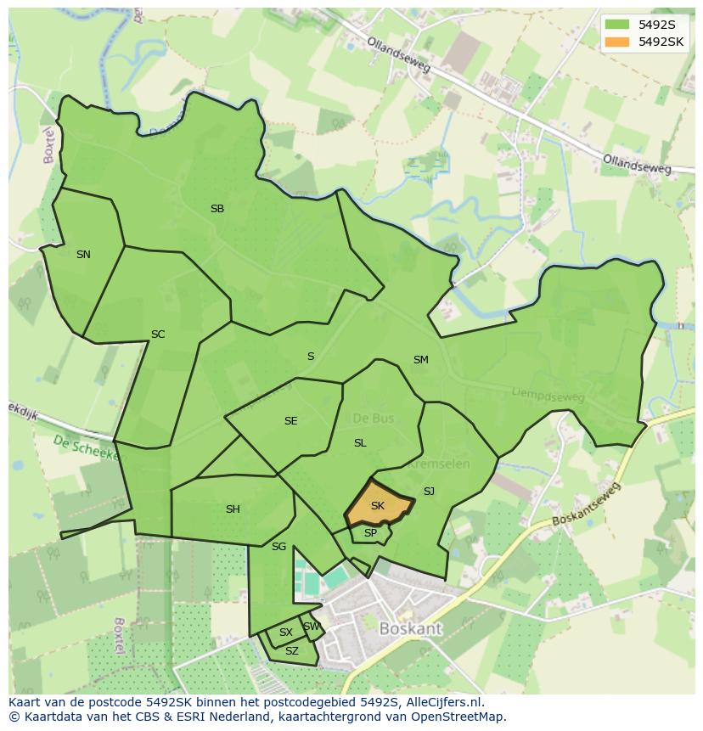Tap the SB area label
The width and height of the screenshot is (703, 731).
click(x=217, y=208)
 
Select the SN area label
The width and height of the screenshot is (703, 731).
click(x=83, y=254)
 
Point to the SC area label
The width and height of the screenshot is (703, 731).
click(x=158, y=334)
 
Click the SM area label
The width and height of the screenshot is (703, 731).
click(x=420, y=359)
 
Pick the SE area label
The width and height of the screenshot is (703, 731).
click(x=291, y=420)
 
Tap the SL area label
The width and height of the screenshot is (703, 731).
click(x=360, y=442)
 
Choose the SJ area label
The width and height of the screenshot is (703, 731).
click(x=429, y=491)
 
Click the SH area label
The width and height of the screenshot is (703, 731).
click(x=233, y=509)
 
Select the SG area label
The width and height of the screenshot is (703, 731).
click(x=278, y=546)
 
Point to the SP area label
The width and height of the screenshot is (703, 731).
click(x=370, y=533)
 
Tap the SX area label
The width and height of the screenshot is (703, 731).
click(x=286, y=633)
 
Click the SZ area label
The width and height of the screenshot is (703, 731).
click(x=292, y=651)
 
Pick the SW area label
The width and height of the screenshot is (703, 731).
click(x=312, y=627)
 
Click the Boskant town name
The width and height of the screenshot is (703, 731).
click(x=411, y=629)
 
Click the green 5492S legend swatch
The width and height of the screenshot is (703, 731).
click(x=617, y=25)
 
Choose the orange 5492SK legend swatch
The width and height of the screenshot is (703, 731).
click(x=617, y=42)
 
